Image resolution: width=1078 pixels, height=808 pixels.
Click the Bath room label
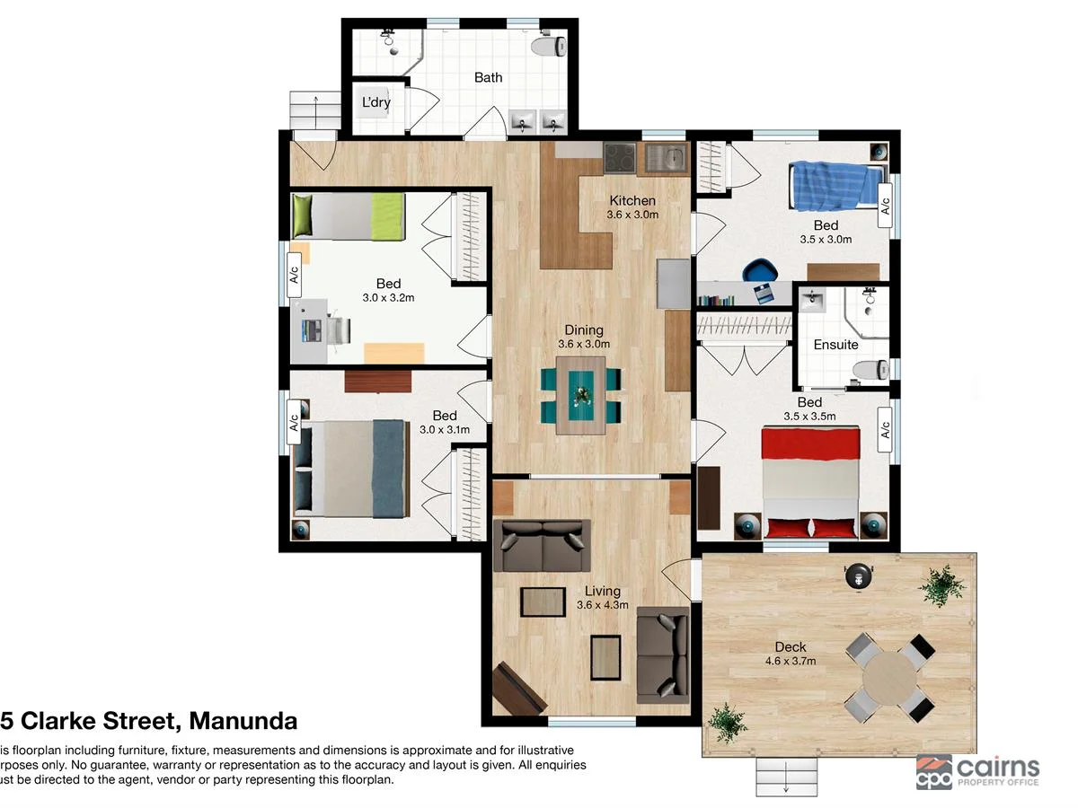coord(488,77)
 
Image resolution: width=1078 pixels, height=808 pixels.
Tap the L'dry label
coord(376,102)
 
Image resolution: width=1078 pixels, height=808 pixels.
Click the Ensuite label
coord(835,345)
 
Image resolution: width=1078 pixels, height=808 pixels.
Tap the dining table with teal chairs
coord(580,394)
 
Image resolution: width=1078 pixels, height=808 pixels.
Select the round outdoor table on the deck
coord(888,679)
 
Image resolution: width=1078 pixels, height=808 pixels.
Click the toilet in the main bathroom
coord(548,46)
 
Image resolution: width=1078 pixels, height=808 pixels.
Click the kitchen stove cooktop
coord(620,159)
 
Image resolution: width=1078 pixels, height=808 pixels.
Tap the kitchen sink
coord(666,159)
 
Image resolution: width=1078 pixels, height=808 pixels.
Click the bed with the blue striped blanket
coord(830,185)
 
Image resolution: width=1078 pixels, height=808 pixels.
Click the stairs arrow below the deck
coord(786,776)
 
